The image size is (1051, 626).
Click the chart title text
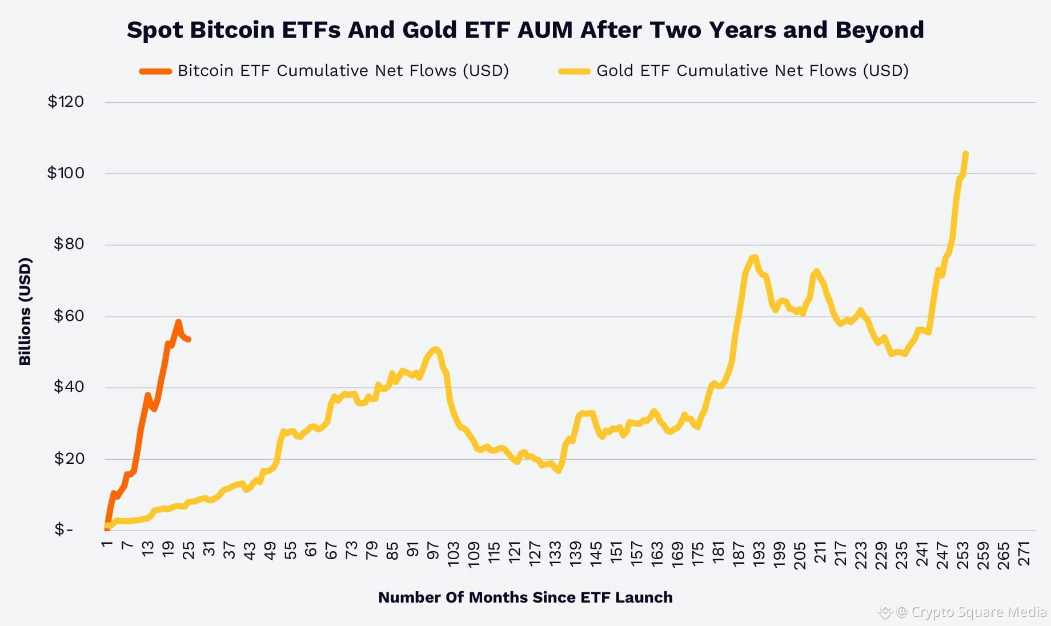pos(525,30)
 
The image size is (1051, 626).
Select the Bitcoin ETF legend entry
pos(324,71)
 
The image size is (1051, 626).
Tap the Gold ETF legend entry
pos(733,71)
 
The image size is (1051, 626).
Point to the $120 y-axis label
pos(66,102)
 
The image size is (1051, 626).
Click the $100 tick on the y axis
pos(66,173)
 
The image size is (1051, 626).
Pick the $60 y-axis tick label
pos(69,316)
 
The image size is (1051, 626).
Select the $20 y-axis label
pos(69,459)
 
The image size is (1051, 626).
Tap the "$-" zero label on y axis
pos(64,530)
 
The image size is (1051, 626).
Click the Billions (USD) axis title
pos(25,312)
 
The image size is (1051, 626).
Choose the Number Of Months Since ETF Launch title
pos(525,597)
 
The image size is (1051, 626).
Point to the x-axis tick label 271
pos(1024,554)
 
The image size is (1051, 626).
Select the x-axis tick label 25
pos(188,551)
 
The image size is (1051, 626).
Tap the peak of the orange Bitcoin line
pos(178,322)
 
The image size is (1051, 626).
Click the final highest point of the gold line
pos(965,153)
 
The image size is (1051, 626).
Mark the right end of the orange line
pos(189,340)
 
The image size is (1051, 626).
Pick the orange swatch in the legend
pos(155,71)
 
